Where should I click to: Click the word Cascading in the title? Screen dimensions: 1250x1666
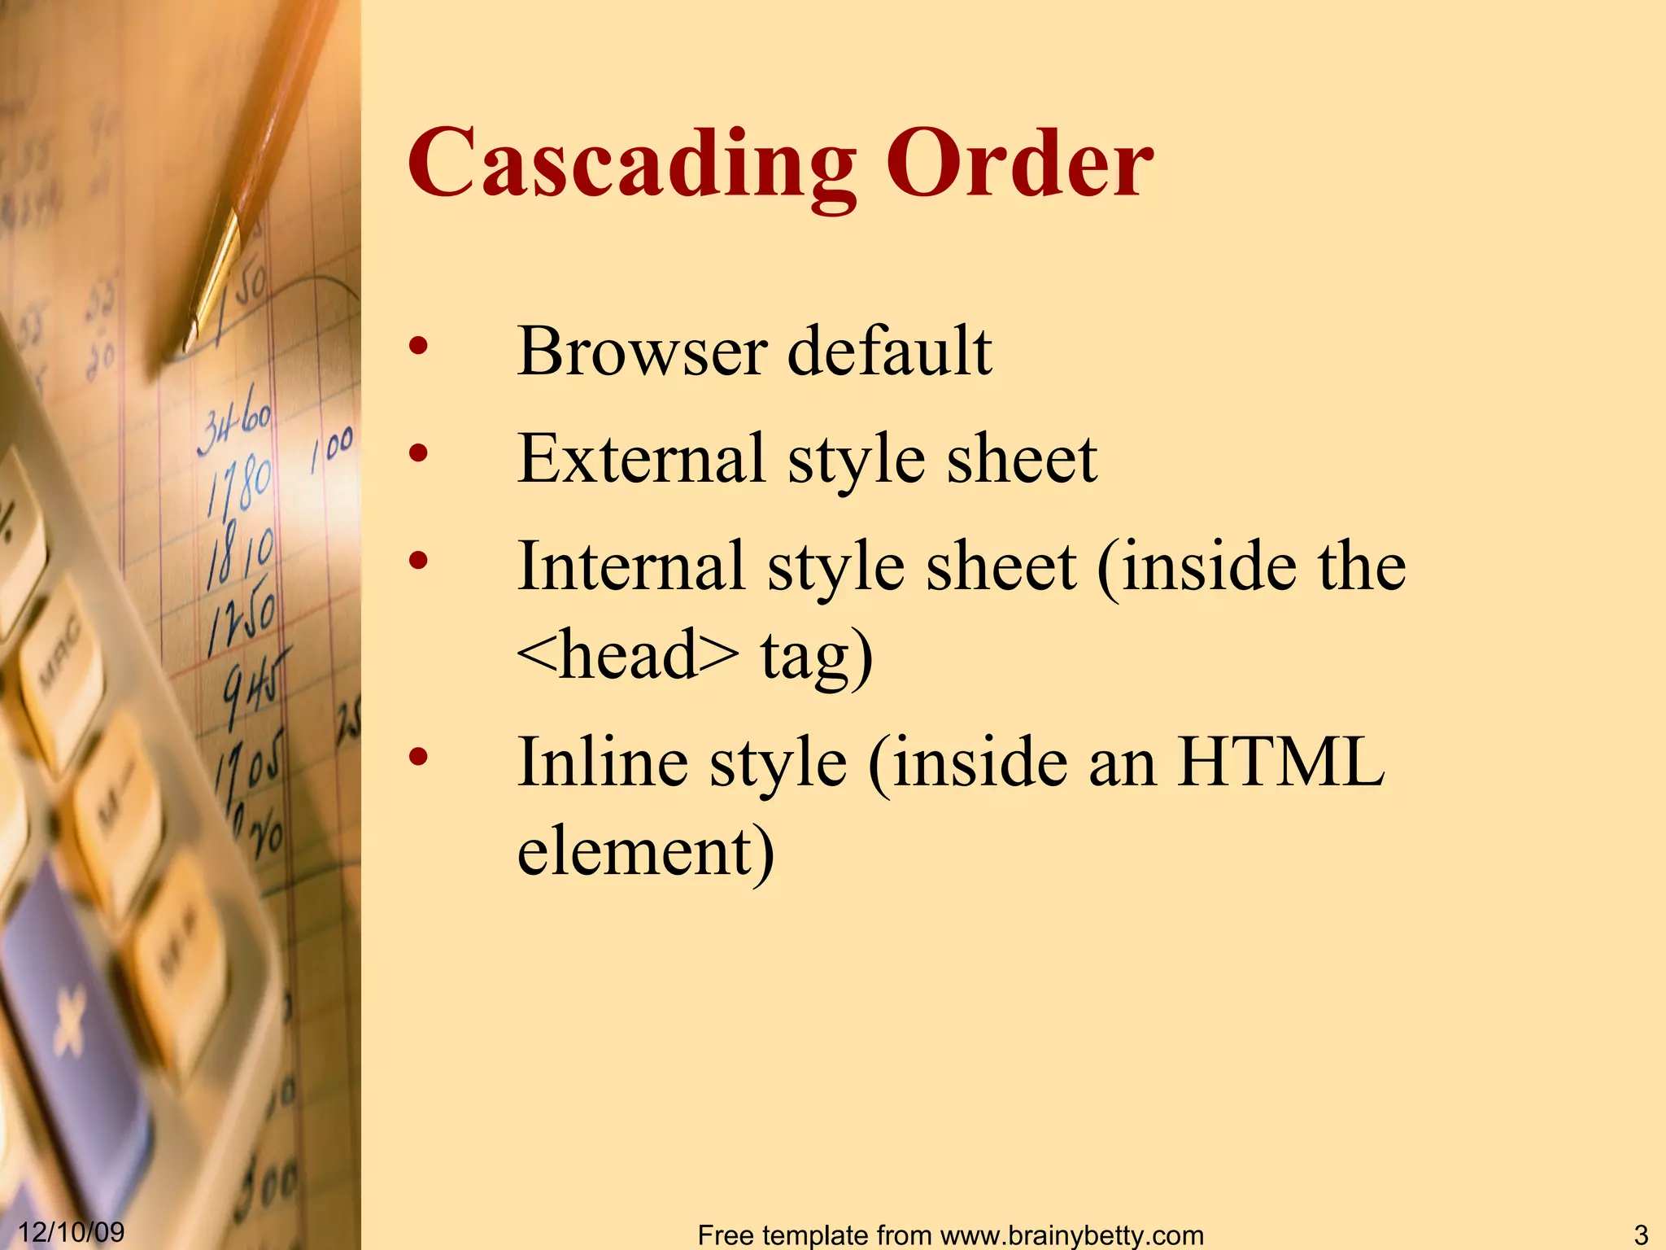[x=630, y=165]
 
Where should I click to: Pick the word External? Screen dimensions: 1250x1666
[x=641, y=458]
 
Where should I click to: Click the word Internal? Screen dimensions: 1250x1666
[x=631, y=566]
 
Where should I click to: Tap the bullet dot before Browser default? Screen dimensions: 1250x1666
[x=418, y=346]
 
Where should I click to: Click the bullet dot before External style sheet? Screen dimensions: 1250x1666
[x=418, y=452]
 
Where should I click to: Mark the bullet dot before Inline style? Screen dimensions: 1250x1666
[x=418, y=757]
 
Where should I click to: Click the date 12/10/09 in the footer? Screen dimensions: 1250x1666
[x=71, y=1231]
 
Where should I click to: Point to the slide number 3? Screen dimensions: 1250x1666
[x=1640, y=1235]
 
